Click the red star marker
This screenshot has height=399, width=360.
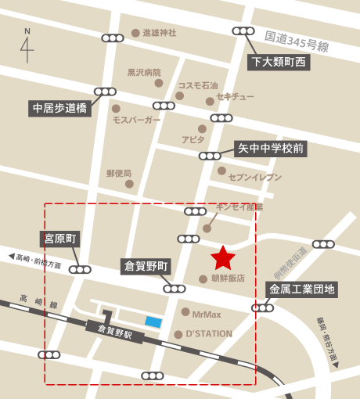[x=224, y=257]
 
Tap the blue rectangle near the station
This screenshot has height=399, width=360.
[x=153, y=322]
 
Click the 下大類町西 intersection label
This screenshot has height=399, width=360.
[x=279, y=61]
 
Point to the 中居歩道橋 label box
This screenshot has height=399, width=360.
[x=59, y=107]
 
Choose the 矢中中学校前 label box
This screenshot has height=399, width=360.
[x=271, y=148]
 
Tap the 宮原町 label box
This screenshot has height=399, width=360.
[x=60, y=239]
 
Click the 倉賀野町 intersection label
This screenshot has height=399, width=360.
[x=147, y=266]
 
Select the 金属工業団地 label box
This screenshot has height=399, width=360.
[x=302, y=289]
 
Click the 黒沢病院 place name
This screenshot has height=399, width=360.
[x=144, y=72]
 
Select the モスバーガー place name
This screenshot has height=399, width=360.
[x=136, y=120]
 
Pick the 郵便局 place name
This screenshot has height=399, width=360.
[x=119, y=173]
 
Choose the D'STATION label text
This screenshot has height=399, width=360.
[x=209, y=334]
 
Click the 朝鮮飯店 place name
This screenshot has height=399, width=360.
[x=228, y=278]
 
